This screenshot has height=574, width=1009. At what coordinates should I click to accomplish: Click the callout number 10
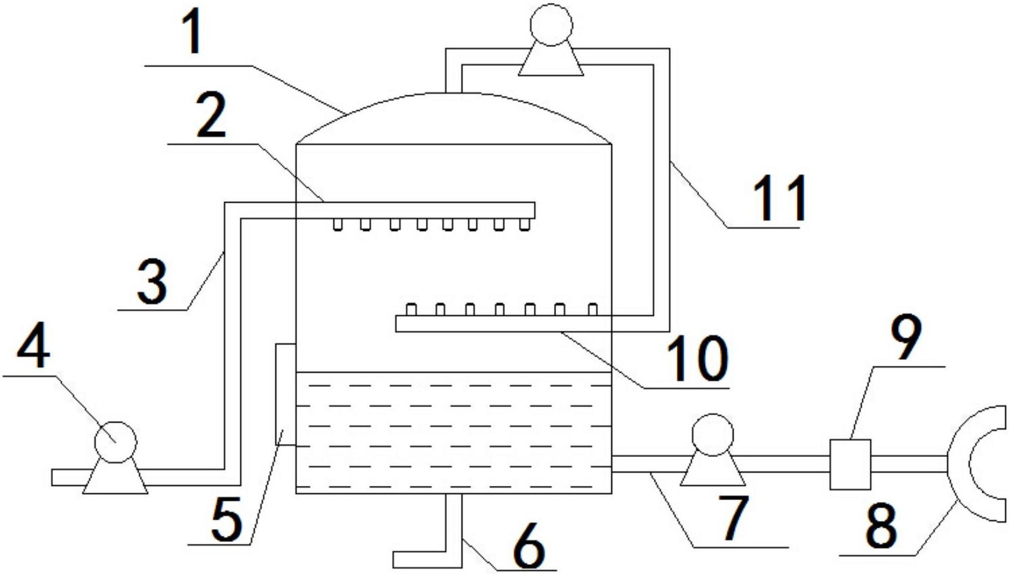697,358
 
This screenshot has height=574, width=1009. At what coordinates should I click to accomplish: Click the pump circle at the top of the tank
552,25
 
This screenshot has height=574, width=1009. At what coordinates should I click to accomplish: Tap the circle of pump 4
116,442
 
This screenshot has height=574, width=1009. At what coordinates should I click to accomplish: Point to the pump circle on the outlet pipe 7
713,435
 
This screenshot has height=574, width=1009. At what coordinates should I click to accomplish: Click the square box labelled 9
851,464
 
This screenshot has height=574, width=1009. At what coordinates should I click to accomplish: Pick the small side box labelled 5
285,394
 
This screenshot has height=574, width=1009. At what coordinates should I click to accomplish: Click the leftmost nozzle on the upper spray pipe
338,225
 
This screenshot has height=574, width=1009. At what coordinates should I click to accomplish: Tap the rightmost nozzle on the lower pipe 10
593,310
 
